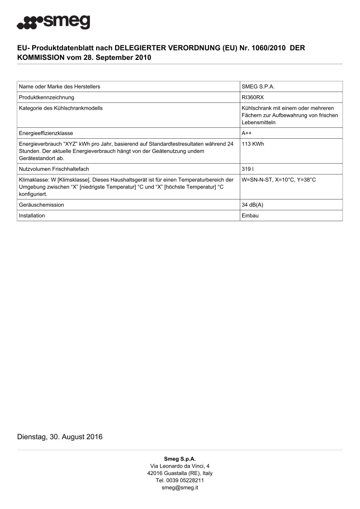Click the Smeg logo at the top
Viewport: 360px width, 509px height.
point(54,22)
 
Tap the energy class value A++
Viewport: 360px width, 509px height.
point(247,133)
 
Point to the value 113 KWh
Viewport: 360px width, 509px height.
point(253,144)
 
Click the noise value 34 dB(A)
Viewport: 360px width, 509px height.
point(253,205)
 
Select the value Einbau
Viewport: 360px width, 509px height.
point(250,216)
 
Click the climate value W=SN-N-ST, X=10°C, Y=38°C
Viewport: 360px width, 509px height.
point(279,180)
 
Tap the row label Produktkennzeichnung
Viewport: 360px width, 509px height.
point(46,97)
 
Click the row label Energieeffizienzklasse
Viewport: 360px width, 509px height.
point(46,133)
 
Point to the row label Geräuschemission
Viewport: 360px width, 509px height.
point(41,205)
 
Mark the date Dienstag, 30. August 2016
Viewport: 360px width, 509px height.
point(60,437)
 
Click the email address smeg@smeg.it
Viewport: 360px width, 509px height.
point(180,488)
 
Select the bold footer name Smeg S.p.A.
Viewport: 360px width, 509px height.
point(180,459)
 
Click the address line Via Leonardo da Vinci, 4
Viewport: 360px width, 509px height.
point(180,466)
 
